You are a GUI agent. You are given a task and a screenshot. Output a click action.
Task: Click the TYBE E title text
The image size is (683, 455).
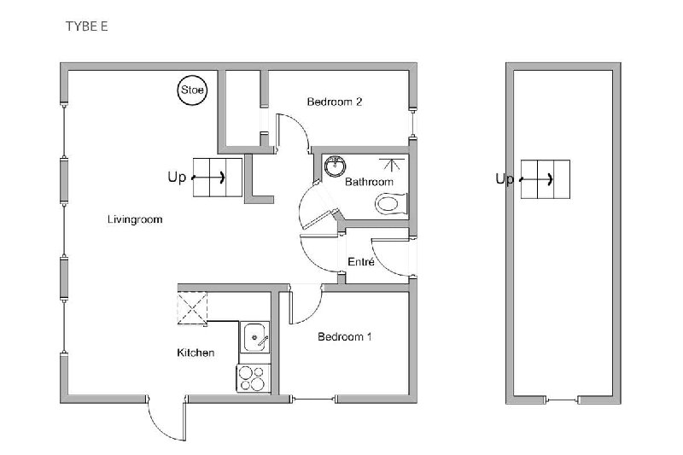coord(87,26)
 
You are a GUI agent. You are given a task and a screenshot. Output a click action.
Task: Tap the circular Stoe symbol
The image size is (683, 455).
coord(192,90)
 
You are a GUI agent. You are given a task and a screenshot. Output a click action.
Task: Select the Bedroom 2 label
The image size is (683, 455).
coord(335,102)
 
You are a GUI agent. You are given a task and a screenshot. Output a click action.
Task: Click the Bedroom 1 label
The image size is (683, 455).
coord(345,336)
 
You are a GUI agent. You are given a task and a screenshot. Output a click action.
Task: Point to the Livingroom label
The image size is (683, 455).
coord(135,219)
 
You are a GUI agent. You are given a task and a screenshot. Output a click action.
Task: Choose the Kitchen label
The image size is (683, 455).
coord(196,353)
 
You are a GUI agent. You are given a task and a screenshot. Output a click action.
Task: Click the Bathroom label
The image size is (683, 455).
coord(369,182)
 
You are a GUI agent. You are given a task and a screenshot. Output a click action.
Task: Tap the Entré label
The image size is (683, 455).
coord(361,262)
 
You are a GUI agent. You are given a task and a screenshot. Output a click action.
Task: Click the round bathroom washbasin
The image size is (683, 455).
coord(335,166)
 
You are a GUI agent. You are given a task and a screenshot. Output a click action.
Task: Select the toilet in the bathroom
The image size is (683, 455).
coord(391,204)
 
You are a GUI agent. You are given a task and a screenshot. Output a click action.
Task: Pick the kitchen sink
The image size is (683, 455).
coord(254,337)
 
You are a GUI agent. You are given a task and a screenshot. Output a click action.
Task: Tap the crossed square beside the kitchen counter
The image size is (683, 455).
coord(192,308)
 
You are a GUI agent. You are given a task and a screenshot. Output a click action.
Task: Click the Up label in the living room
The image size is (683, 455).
coord(177,177)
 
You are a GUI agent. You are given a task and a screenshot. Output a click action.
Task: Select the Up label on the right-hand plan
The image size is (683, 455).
coord(505,178)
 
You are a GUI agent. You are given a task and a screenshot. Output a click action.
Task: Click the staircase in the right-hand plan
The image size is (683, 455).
coord(546,179)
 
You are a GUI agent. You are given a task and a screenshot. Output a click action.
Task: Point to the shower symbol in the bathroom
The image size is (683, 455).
coord(392,165)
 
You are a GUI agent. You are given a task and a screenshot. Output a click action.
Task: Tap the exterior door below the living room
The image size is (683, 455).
coord(167,418)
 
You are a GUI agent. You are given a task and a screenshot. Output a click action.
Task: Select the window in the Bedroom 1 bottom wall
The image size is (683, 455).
coord(314,399)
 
